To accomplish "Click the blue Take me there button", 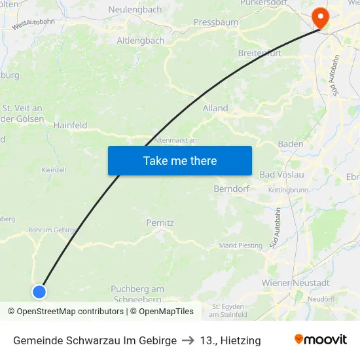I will tap(179, 160).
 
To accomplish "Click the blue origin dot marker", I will tap(39, 292).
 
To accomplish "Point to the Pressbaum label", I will tap(215, 22).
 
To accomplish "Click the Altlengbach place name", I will tap(140, 41).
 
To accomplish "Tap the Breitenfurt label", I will tap(260, 54).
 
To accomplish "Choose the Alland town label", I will tap(215, 108).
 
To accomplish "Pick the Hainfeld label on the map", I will tap(70, 125).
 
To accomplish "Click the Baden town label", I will tap(291, 144).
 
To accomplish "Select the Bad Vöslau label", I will tap(281, 175).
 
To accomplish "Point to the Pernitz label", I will tap(160, 223).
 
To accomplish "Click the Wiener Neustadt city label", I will tap(295, 283).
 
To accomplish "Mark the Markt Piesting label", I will tap(240, 245).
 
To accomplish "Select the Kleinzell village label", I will tap(54, 170).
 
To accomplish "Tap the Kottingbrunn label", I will tap(288, 190).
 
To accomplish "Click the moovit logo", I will tap(321, 340).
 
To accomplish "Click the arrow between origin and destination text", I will tap(188, 340).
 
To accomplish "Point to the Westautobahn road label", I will tap(33, 25).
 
